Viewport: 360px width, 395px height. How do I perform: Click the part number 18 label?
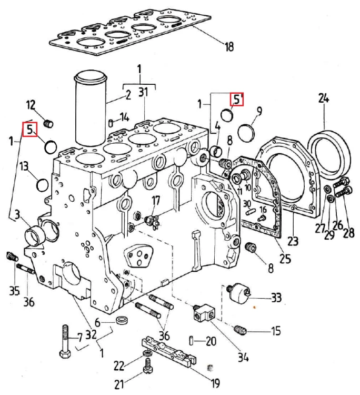tap(229, 46)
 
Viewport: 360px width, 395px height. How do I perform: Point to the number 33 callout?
tap(276, 298)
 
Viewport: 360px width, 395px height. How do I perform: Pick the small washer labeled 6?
tap(123, 320)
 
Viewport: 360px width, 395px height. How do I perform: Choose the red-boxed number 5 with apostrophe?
tap(237, 99)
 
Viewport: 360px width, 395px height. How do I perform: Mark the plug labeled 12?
tap(48, 124)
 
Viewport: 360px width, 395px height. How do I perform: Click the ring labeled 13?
tap(42, 185)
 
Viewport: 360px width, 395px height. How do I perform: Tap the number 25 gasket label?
tap(285, 259)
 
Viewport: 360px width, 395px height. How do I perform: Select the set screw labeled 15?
tap(240, 330)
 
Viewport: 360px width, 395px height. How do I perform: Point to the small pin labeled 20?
tap(192, 341)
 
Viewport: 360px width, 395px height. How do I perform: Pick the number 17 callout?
tap(156, 201)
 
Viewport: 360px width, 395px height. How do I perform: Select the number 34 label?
tap(243, 357)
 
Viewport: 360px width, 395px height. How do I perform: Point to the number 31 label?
tap(143, 92)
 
